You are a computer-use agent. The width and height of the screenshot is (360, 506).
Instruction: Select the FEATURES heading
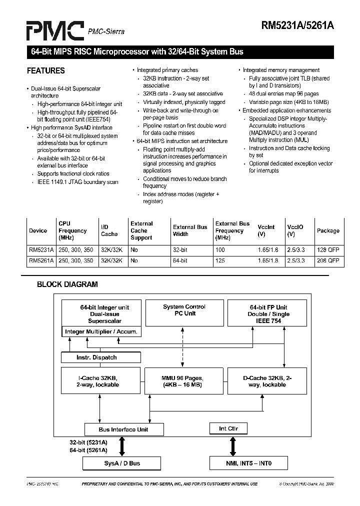point(46,70)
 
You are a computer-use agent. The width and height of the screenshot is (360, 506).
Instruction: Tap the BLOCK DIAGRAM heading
point(67,284)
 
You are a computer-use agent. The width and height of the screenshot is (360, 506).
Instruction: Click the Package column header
point(328,231)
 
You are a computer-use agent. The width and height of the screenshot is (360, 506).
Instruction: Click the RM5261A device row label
point(41,260)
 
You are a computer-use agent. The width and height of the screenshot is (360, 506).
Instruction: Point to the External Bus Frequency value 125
point(220,260)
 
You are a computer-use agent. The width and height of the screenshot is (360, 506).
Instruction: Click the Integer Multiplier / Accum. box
point(101,331)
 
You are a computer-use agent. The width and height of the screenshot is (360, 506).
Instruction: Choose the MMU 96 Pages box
point(182,381)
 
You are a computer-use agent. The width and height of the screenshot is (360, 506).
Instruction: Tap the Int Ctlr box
point(229,428)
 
